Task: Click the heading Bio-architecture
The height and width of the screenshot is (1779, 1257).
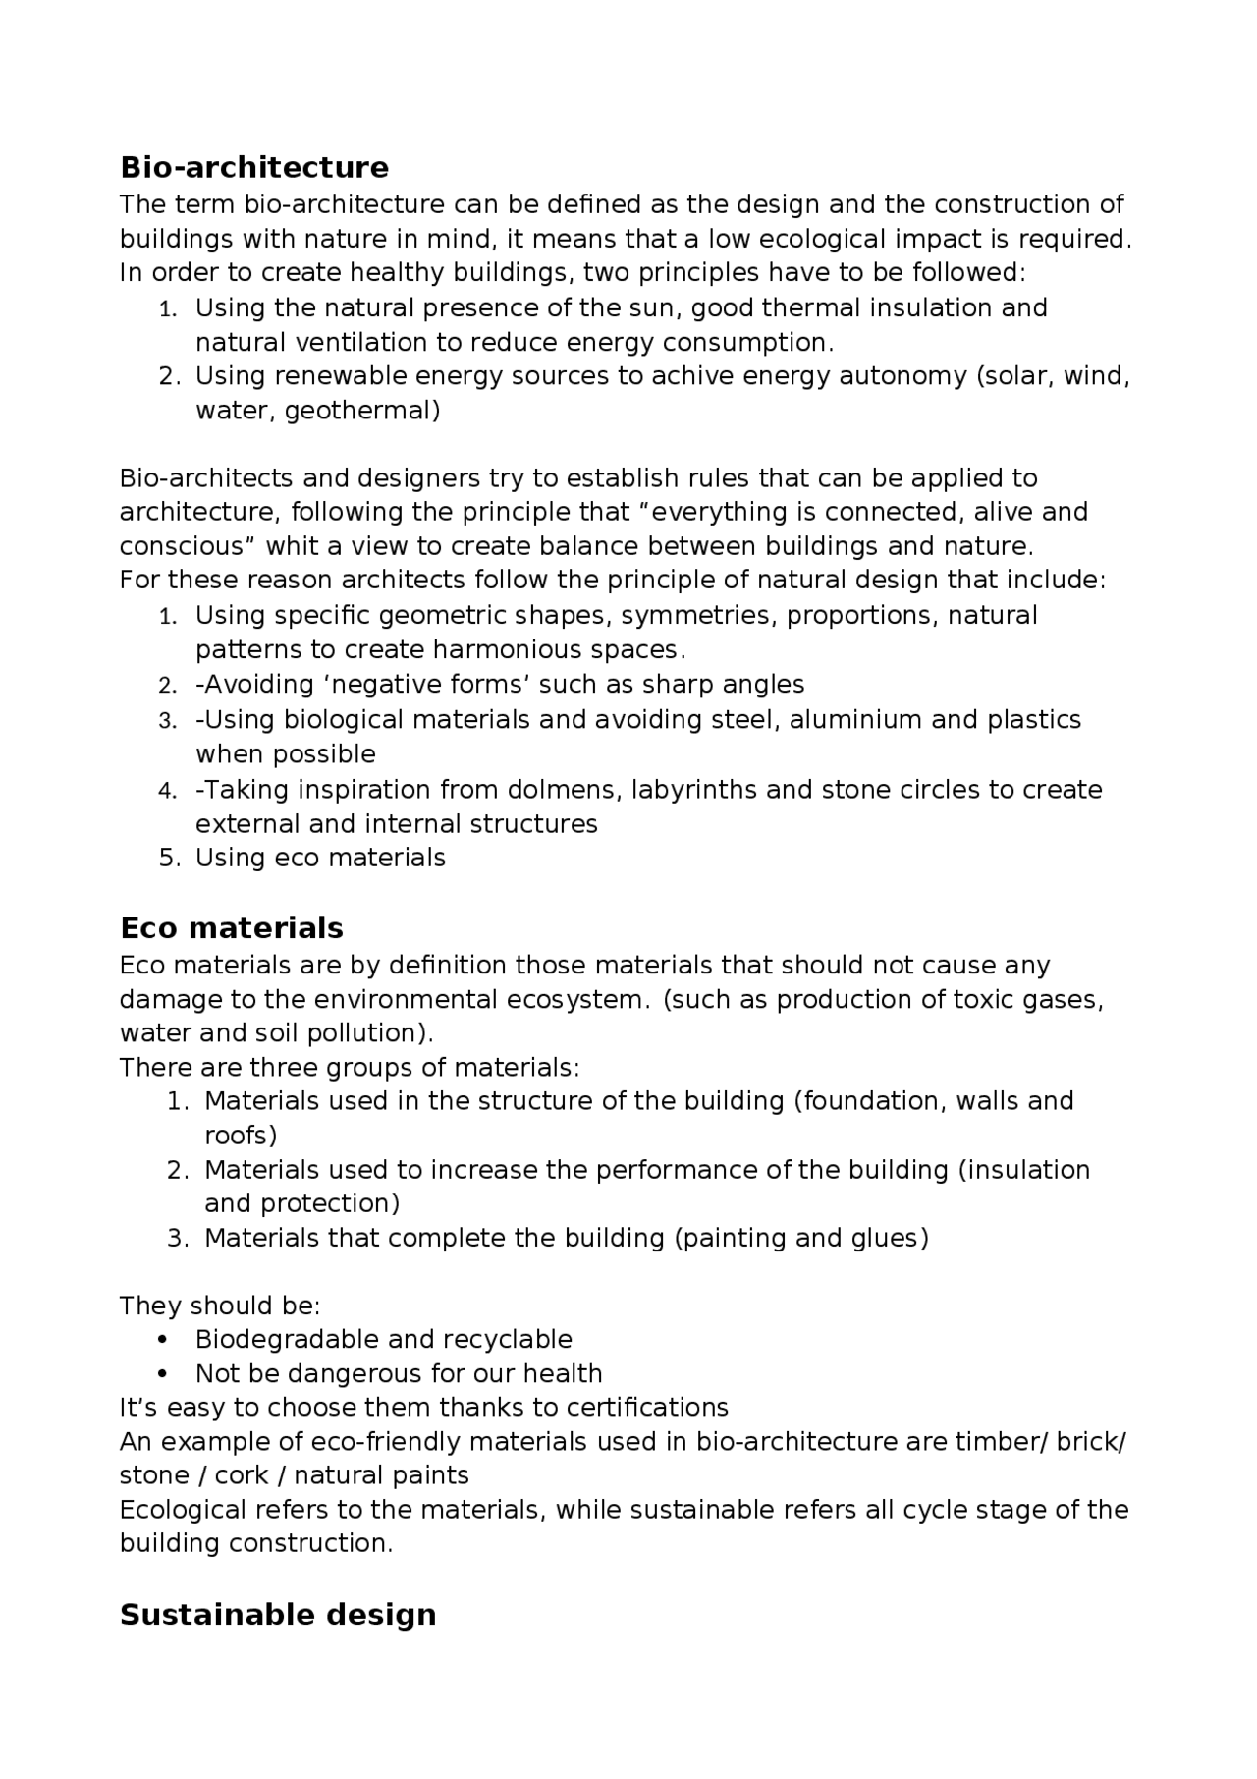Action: click(x=253, y=167)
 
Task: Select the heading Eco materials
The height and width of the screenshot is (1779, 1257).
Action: click(x=231, y=928)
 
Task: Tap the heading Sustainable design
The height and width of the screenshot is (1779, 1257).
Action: click(x=277, y=1615)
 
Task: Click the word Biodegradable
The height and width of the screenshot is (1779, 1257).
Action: click(x=287, y=1340)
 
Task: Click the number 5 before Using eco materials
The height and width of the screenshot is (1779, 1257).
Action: click(x=167, y=859)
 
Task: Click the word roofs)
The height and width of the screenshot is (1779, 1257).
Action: click(x=241, y=1137)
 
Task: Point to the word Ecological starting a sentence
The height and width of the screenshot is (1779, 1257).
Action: click(x=183, y=1510)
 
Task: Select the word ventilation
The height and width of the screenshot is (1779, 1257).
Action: click(x=357, y=343)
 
